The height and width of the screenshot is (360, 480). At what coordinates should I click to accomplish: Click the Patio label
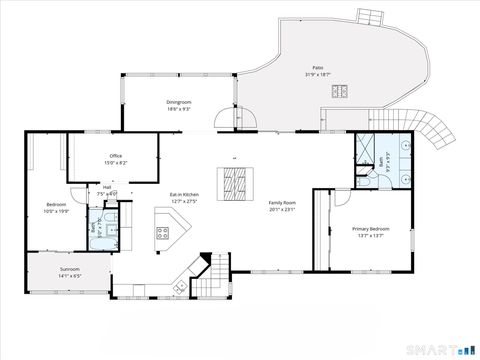tap(315, 68)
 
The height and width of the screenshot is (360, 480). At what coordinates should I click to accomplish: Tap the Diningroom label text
tap(179, 102)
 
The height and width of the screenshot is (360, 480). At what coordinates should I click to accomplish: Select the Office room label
tap(116, 156)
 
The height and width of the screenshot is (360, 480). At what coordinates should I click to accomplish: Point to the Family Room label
tap(283, 203)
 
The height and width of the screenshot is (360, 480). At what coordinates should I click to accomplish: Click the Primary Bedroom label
tap(370, 229)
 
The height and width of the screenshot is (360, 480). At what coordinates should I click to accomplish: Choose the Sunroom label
tap(69, 269)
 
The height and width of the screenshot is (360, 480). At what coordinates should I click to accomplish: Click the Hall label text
tap(106, 186)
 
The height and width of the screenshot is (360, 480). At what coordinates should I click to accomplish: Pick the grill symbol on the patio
tap(340, 92)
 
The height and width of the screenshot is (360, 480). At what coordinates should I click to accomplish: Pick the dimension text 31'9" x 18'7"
tap(315, 75)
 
